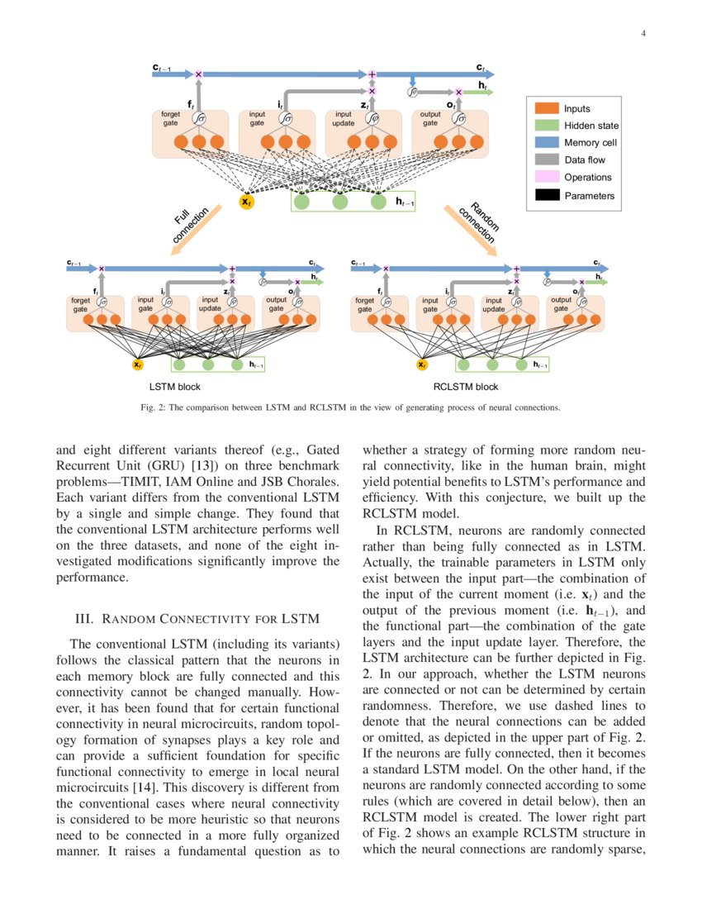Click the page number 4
tap(642, 34)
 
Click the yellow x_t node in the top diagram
tap(246, 201)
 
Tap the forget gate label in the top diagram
tap(170, 118)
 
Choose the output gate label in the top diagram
tap(430, 118)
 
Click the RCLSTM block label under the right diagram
tap(466, 386)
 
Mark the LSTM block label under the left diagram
tap(175, 386)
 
